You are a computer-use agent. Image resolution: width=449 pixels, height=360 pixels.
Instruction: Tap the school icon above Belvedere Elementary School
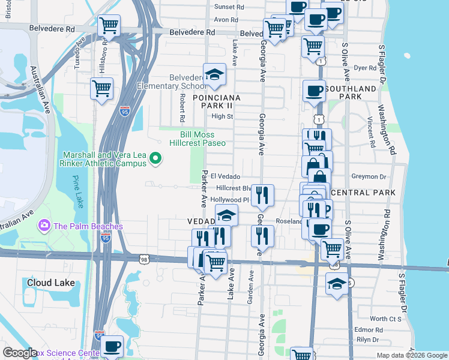(214, 74)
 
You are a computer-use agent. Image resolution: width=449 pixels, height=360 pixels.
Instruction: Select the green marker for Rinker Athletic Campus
(155, 159)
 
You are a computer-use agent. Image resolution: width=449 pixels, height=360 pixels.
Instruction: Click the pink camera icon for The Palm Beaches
(43, 226)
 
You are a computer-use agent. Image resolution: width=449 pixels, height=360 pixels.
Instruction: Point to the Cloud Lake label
(51, 282)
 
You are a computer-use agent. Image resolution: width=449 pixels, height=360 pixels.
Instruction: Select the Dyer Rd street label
(365, 68)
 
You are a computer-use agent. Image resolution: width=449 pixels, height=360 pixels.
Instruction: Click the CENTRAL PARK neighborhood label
(363, 193)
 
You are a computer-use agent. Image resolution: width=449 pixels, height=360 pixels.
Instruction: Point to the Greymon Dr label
(370, 176)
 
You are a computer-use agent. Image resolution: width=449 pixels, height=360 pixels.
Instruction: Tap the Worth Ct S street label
(385, 319)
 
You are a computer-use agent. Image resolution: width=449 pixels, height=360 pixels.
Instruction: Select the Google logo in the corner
(20, 353)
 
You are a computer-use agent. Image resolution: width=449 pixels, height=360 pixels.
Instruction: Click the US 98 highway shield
(143, 259)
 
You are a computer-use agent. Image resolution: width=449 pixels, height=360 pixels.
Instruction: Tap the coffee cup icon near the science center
(112, 346)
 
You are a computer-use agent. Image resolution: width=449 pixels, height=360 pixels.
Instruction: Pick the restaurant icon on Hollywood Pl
(262, 195)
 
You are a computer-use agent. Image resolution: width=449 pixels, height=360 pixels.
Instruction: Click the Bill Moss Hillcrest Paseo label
(203, 139)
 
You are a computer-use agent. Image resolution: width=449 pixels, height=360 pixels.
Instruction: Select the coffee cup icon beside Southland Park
(314, 91)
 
